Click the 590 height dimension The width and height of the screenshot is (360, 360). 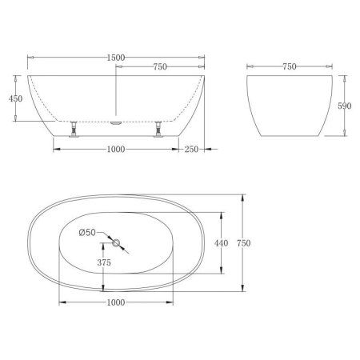tap(346, 106)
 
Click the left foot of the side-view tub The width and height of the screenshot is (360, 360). tap(75, 129)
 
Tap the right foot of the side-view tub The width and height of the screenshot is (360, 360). tap(160, 129)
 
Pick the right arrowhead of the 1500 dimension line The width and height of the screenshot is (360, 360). tap(204, 58)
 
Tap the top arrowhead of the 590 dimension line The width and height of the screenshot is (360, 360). tap(346, 79)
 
